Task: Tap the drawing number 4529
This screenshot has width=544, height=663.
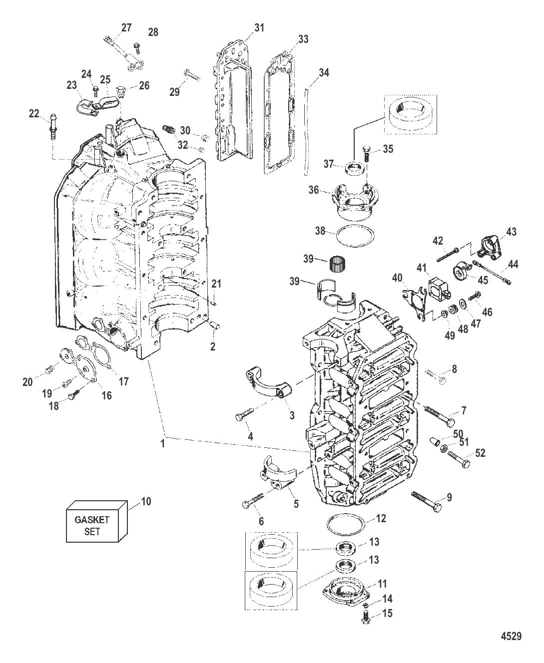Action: click(x=511, y=636)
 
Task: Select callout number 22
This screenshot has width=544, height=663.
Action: click(x=34, y=114)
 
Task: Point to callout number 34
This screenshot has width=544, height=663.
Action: click(x=324, y=73)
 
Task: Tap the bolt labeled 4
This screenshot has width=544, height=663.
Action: click(x=243, y=413)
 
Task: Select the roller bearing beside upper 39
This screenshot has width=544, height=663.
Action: click(x=340, y=261)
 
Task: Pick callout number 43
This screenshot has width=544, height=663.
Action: click(x=511, y=232)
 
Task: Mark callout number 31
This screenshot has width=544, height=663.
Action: click(x=259, y=28)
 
